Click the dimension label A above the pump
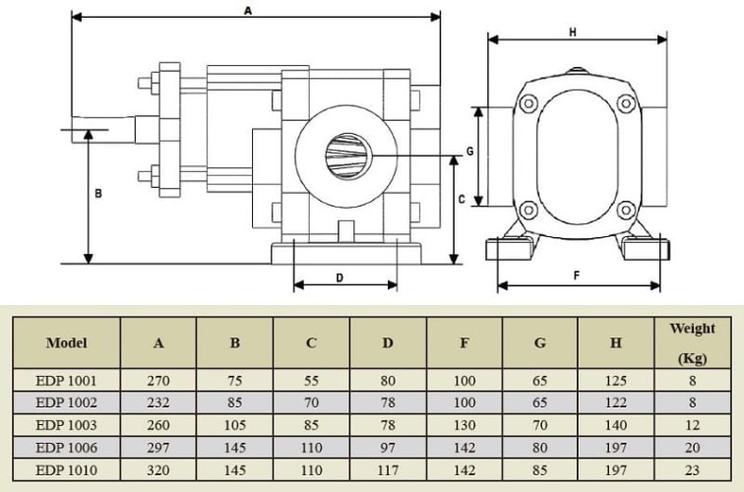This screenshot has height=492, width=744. coord(249,10)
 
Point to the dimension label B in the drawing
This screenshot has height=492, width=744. coord(97,194)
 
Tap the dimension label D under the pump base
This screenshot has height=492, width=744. coord(340,277)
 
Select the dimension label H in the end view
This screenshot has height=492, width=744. coord(573,31)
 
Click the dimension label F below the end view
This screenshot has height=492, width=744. coord(576,277)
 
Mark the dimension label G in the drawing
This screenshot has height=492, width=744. coord(469,153)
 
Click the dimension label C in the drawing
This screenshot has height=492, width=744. coord(462,198)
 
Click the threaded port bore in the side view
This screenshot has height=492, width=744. coord(346,154)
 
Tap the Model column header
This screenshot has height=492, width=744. coord(66,343)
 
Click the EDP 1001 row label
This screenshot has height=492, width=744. coord(66,380)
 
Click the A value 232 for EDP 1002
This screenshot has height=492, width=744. coord(158,401)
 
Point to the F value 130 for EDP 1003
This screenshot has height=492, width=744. coord(464,424)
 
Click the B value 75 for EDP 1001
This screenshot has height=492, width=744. coord(234,380)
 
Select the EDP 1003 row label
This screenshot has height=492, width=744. coord(66,424)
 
